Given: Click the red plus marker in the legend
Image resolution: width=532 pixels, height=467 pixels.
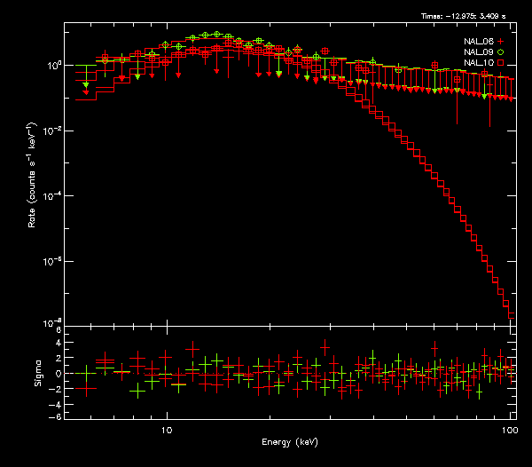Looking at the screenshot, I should pos(501,41).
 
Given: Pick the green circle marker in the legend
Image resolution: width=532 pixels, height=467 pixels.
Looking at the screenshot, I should pos(501,52).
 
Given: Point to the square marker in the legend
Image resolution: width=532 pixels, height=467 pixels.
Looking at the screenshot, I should pos(501,64).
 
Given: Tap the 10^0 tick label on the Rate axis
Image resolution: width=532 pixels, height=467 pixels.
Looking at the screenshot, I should pos(51,66).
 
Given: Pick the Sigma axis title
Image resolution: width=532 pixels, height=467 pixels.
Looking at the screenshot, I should pos(38,374).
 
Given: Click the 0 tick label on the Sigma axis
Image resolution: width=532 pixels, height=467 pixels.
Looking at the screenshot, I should pos(58,374).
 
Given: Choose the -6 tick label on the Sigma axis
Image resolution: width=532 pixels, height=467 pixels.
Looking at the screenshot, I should pos(56,416).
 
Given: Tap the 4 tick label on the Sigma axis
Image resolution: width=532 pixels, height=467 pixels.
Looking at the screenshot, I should pos(58,344).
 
